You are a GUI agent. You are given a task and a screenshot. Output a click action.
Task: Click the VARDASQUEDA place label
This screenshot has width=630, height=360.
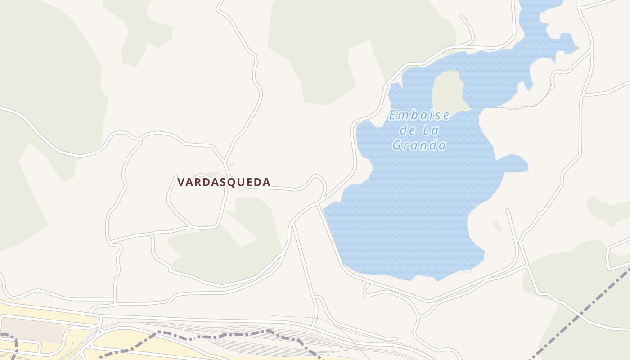pos(224,182)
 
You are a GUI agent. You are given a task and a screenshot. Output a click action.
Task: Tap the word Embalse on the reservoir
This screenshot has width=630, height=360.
pos(419,116)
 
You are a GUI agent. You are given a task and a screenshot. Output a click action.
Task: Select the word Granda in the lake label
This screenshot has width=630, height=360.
pos(419,145)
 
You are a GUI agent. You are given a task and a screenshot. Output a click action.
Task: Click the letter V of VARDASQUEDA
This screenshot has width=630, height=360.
pos(181,182)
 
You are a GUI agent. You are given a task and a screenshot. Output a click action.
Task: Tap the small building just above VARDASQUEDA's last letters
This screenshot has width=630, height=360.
pos(232,165)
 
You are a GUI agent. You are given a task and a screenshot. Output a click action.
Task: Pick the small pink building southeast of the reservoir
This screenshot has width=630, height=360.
pos(497,226)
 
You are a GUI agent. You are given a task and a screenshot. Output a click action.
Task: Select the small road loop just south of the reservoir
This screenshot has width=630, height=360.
pos(367,288)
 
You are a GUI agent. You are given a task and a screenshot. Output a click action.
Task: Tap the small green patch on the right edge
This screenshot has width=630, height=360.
pos(607,209)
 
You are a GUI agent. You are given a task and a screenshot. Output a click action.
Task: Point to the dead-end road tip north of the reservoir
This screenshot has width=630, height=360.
pos(461,16)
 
